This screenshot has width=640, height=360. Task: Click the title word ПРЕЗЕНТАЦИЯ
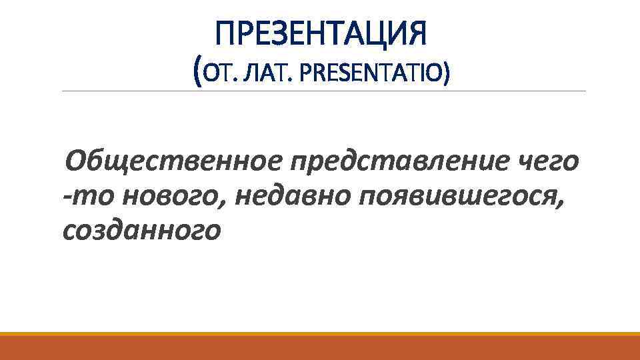[321, 33]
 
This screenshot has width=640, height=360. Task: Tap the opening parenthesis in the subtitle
[195, 71]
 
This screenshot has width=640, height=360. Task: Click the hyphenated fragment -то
[79, 197]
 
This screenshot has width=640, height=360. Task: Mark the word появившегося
[453, 197]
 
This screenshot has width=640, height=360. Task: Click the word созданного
[141, 231]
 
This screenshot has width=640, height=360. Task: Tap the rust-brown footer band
[320, 348]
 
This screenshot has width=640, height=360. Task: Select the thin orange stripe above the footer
[320, 334]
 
